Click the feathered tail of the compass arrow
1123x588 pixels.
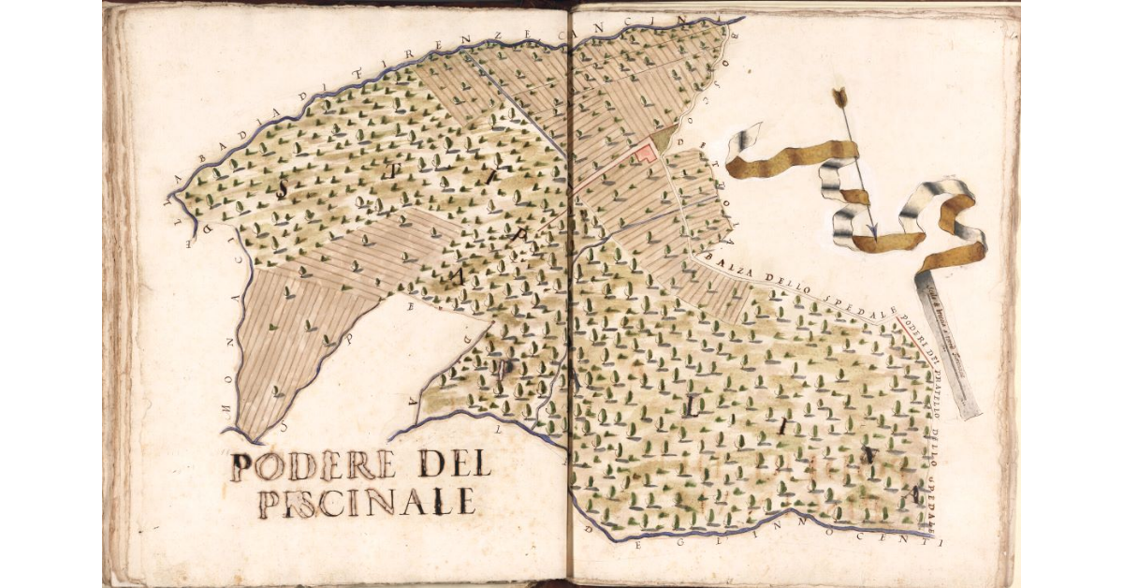point(839,96)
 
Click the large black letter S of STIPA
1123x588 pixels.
point(282,187)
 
